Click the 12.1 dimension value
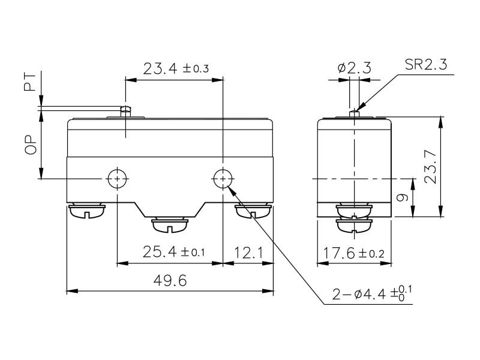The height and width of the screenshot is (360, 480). tap(248, 252)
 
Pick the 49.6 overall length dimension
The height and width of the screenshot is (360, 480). tap(169, 280)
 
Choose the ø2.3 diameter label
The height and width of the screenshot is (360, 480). tap(354, 68)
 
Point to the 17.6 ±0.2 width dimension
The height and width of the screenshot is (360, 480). tap(354, 252)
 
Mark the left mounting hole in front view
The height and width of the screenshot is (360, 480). tap(116, 178)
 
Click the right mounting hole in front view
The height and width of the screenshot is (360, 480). tap(223, 178)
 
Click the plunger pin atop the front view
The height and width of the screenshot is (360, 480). tap(125, 110)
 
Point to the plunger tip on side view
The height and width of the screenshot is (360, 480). tap(355, 112)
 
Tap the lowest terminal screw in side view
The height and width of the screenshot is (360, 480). tap(355, 225)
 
